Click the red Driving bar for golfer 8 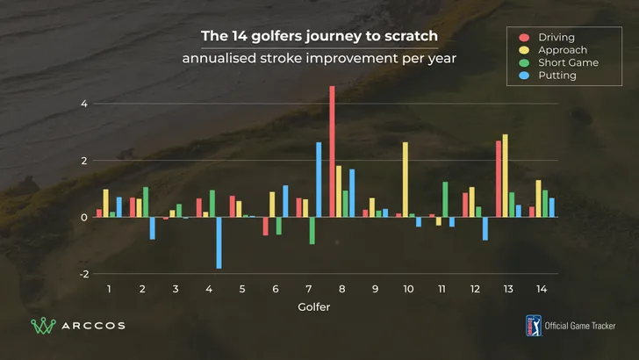click(x=332, y=151)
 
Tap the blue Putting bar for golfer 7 click(x=319, y=179)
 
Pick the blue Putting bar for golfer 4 click(x=219, y=242)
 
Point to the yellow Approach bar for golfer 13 click(x=506, y=176)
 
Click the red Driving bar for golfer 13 click(x=499, y=178)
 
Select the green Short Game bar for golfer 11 click(x=445, y=199)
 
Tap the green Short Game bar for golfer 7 click(x=312, y=230)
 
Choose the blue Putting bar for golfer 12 click(x=485, y=228)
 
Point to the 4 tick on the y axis click(x=84, y=104)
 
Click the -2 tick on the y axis click(x=83, y=274)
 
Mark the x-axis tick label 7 click(x=308, y=289)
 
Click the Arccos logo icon click(x=42, y=326)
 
